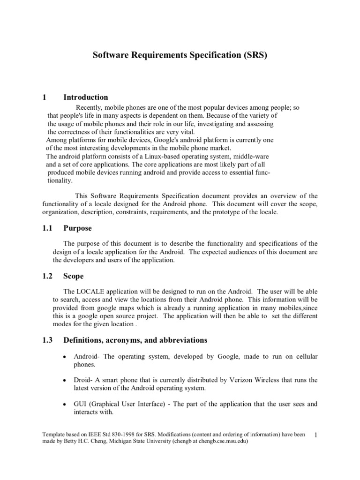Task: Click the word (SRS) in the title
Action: (x=254, y=55)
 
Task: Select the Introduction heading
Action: (x=86, y=97)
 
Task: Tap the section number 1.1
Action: (x=47, y=228)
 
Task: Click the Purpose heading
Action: (x=78, y=228)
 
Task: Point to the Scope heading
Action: (x=74, y=276)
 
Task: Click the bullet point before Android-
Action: (x=64, y=357)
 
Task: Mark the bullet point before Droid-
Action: (x=64, y=380)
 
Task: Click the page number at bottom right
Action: (x=316, y=436)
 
